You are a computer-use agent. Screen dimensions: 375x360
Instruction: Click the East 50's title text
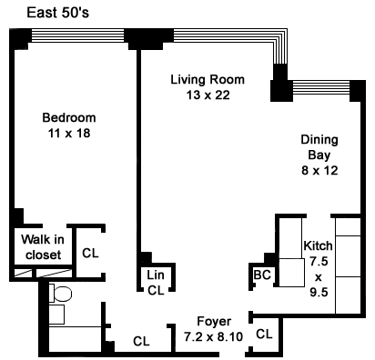point(57,13)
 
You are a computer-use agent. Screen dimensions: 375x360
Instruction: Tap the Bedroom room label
point(69,117)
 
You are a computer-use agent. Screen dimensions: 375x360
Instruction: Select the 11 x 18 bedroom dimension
point(69,134)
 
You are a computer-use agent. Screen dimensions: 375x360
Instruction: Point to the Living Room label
point(208,80)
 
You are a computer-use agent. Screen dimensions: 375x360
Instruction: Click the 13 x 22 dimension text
point(208,95)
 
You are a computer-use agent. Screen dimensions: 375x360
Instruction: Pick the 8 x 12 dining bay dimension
point(319,170)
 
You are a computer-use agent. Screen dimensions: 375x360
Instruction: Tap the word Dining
point(319,140)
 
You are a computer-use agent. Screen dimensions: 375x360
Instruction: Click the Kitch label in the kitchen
point(318,245)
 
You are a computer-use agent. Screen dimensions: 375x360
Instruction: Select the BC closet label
point(262,275)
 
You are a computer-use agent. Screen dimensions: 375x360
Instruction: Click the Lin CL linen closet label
point(156,283)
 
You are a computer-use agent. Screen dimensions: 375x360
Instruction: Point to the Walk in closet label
point(43,247)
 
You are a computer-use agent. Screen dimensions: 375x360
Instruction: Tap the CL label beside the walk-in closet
point(90,253)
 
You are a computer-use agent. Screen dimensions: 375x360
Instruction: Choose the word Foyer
point(214,322)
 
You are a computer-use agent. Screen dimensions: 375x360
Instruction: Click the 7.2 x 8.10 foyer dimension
point(214,336)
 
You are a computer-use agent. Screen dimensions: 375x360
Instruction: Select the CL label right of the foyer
point(264,334)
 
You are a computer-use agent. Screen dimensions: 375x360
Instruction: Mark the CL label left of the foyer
point(141,342)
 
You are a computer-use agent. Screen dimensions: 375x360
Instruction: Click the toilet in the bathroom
point(60,294)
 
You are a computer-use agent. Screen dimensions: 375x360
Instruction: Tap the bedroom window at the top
point(77,35)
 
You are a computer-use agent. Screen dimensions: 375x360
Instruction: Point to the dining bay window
point(321,87)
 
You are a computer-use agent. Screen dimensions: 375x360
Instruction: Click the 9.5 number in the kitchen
point(319,293)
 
